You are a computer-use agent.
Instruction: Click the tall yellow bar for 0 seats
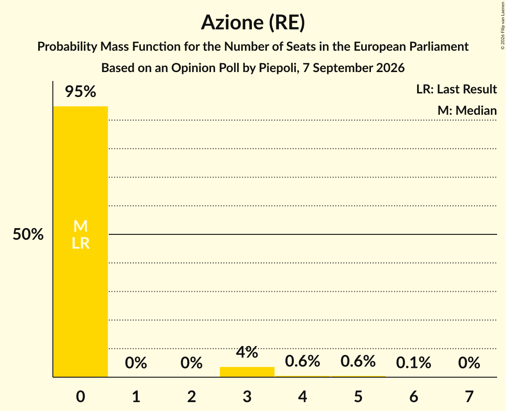tap(81, 242)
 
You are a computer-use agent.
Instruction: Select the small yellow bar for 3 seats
tap(247, 372)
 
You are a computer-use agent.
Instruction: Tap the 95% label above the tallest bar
tap(81, 92)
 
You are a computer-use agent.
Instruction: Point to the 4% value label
tap(247, 352)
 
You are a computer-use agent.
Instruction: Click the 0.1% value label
tap(414, 363)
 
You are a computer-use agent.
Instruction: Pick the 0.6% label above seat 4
tap(303, 361)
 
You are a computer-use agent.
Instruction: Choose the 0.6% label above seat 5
tap(358, 361)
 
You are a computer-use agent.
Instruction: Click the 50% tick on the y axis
tap(28, 234)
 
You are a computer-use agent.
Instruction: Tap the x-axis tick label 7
tap(469, 396)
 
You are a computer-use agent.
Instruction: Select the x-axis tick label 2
tap(191, 396)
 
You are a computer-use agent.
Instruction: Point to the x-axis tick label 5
tap(358, 396)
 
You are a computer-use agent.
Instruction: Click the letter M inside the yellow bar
tap(81, 226)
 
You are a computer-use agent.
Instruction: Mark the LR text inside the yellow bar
tap(81, 243)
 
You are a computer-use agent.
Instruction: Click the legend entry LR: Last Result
tap(457, 89)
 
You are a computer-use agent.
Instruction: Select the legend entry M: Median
tap(467, 110)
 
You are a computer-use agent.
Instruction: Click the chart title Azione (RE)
tap(253, 23)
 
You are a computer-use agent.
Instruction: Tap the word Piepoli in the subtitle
tap(277, 68)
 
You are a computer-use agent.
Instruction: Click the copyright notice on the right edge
tap(502, 25)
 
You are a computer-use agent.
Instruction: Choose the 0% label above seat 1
tap(136, 363)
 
